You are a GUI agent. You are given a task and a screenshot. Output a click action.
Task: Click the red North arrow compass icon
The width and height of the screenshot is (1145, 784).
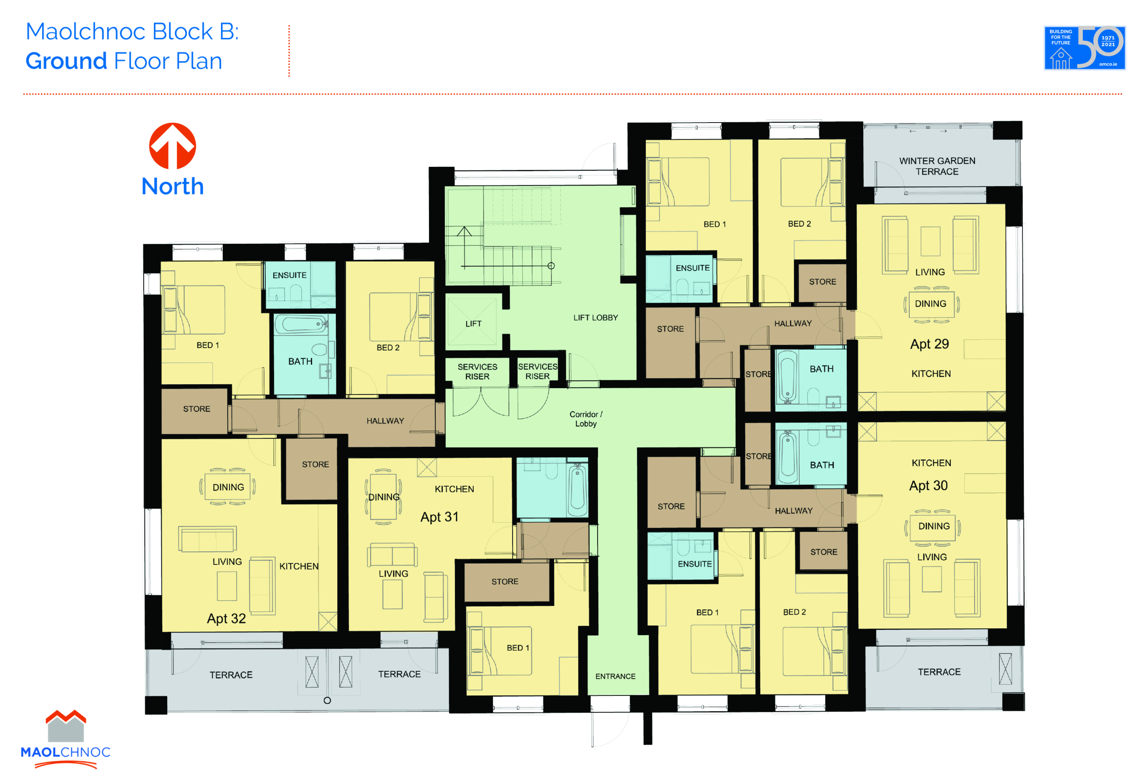pyautogui.click(x=173, y=146)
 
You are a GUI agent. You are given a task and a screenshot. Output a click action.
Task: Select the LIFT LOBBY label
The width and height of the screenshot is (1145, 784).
pyautogui.click(x=595, y=318)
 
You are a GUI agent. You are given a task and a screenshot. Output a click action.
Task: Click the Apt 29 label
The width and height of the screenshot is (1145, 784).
pyautogui.click(x=929, y=344)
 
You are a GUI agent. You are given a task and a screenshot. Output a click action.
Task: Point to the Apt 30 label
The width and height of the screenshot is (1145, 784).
pyautogui.click(x=928, y=486)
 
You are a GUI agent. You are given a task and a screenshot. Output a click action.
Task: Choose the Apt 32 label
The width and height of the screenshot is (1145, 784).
pyautogui.click(x=226, y=619)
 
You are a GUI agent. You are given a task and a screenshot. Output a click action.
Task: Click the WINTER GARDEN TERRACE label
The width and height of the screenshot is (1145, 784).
pyautogui.click(x=937, y=166)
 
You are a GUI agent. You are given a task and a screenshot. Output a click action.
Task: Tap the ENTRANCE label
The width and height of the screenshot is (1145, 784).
pyautogui.click(x=615, y=677)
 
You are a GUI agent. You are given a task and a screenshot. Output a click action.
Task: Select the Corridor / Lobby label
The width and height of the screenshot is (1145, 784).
pyautogui.click(x=586, y=419)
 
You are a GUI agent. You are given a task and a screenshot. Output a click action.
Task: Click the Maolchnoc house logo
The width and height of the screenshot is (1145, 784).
pyautogui.click(x=66, y=726)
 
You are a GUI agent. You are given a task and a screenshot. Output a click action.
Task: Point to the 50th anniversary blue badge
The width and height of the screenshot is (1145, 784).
pyautogui.click(x=1085, y=48)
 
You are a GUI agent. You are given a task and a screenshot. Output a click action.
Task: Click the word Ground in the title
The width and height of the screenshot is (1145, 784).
pyautogui.click(x=66, y=61)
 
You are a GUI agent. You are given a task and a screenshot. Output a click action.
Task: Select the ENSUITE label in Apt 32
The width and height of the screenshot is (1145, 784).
pyautogui.click(x=289, y=275)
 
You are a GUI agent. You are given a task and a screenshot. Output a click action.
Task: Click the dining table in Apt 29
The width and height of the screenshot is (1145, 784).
pyautogui.click(x=930, y=304)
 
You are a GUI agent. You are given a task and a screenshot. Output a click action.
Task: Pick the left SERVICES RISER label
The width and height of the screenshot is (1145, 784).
pyautogui.click(x=477, y=372)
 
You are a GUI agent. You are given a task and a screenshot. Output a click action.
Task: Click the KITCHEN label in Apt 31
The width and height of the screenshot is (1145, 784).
pyautogui.click(x=454, y=489)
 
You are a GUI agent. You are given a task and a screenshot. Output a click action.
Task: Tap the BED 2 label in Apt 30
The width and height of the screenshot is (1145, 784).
pyautogui.click(x=794, y=612)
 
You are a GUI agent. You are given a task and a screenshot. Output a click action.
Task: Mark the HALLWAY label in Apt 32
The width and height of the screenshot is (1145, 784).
pyautogui.click(x=385, y=421)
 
